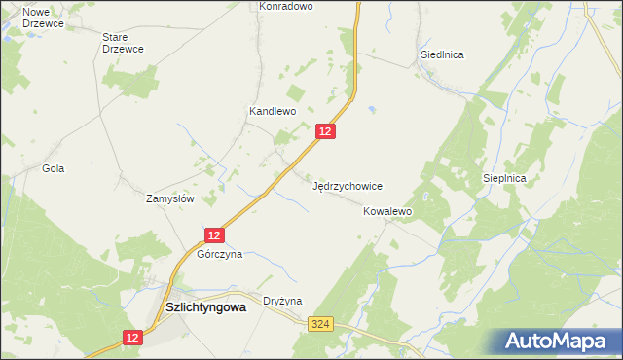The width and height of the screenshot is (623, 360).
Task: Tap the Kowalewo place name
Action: coord(388,210)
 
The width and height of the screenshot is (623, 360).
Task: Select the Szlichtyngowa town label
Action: coord(204,306)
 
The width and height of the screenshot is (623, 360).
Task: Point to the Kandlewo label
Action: coord(272,112)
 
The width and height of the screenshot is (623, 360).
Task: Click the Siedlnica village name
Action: coord(441,54)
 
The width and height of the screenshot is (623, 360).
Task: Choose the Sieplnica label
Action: coord(504,179)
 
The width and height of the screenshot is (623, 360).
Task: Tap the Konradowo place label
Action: coord(285,6)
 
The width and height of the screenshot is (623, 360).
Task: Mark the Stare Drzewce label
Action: coord(123,43)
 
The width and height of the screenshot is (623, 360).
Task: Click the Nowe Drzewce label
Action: coord(30,18)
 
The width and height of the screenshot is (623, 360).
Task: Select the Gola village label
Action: coord(53,168)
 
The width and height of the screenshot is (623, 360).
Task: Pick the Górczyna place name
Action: coord(219,254)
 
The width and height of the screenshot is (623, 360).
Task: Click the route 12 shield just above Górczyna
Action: coord(215,234)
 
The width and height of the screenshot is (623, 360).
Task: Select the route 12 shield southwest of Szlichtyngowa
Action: coord(133,337)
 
